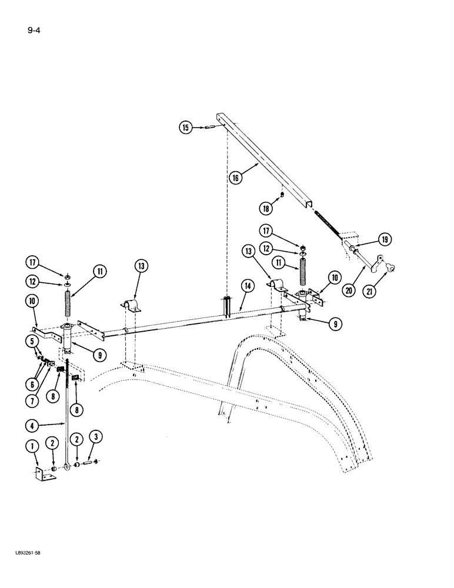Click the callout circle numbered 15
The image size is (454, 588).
(186, 127)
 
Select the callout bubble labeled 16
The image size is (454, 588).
(235, 178)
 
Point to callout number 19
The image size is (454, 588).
(385, 239)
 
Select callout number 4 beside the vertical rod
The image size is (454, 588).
(33, 423)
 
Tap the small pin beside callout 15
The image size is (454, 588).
(211, 126)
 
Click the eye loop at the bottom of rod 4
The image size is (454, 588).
(70, 466)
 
